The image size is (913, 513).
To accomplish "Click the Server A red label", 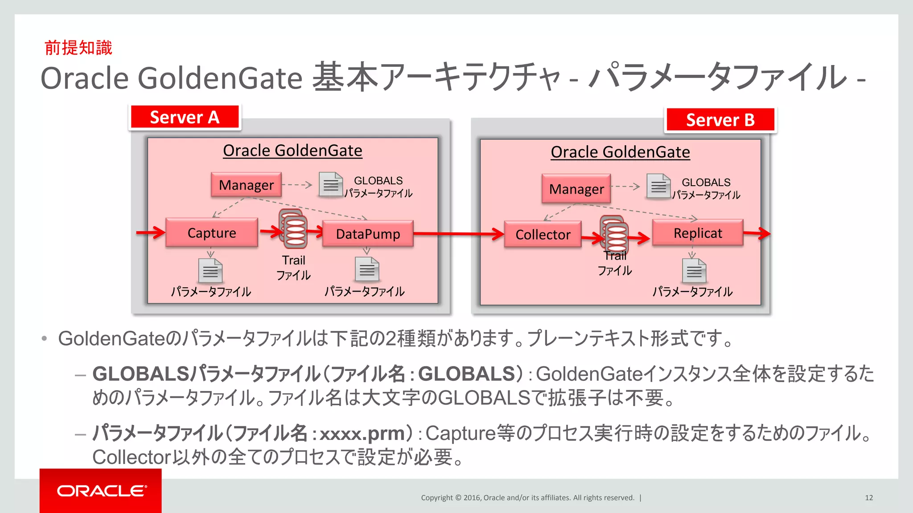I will coord(185,118).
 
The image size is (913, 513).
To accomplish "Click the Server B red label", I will coord(720,120).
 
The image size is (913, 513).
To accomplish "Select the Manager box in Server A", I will coord(246,185).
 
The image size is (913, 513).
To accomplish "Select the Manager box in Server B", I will coord(576,189).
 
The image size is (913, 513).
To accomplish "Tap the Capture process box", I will coord(212,232).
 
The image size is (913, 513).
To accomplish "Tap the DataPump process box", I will coord(368,234).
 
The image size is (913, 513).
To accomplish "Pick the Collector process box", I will coord(543,234).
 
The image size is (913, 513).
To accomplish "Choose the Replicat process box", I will coord(698,233).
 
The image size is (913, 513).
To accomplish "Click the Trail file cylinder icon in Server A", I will coord(293,229).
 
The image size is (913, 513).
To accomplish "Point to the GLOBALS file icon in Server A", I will coord(331,184).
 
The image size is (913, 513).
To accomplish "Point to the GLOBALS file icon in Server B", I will coord(658,186).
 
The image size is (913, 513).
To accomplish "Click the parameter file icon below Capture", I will coord(210,271).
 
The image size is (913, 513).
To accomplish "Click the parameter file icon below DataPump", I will coord(367,269).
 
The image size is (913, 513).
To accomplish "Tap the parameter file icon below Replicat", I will coord(694,271).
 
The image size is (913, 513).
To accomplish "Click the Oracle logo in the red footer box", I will coord(101,491).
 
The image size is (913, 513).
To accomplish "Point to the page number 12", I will coord(869,497).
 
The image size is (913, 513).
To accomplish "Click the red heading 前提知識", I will coord(78,48).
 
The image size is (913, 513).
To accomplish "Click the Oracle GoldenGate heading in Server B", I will coord(620,152).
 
